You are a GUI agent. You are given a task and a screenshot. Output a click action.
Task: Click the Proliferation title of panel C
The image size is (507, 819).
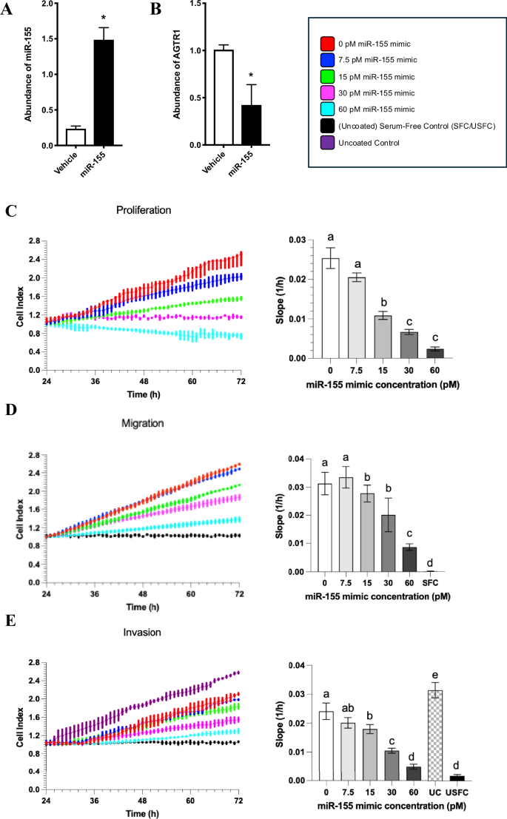click(x=144, y=209)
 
